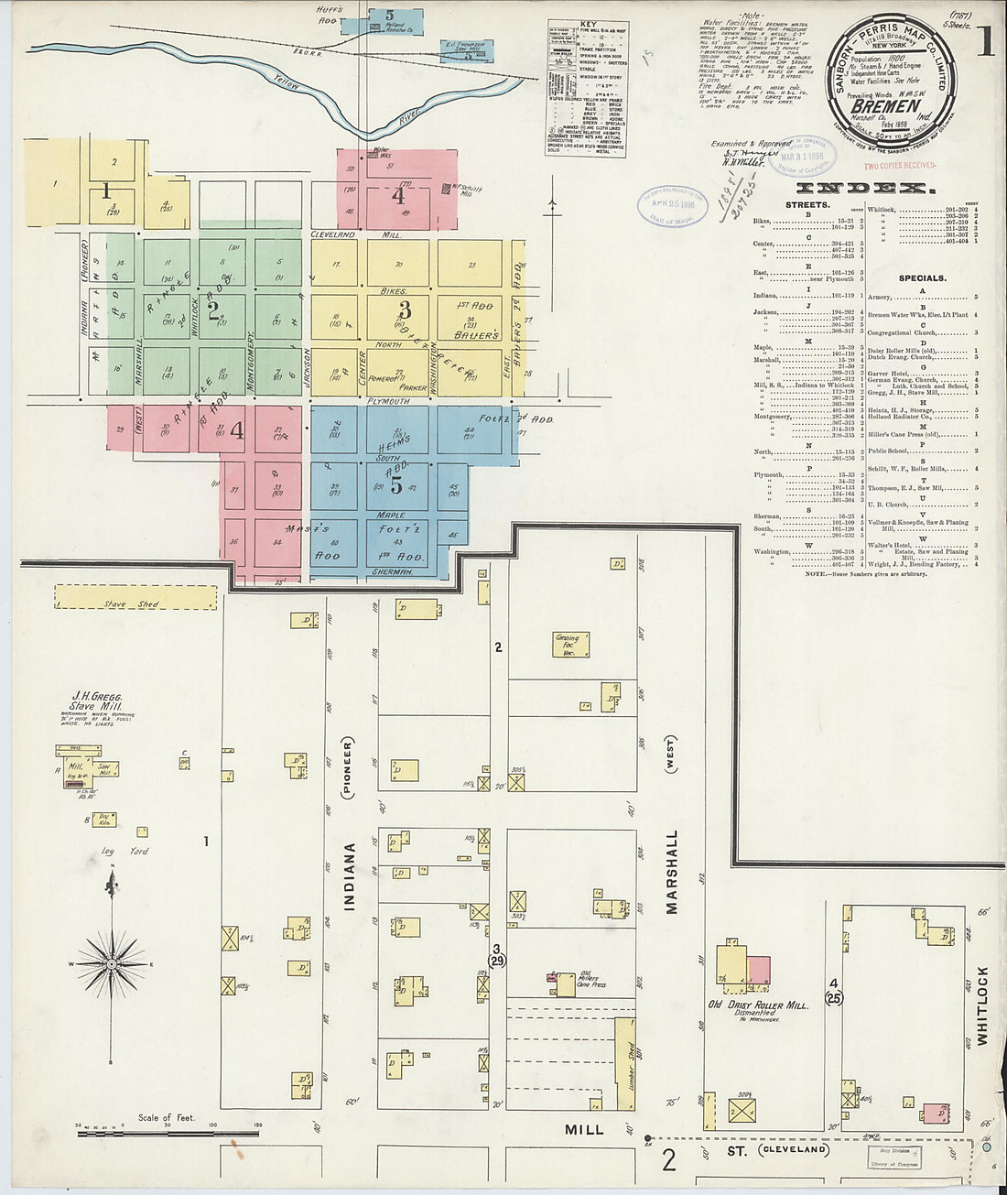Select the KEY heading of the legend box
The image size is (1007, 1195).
tap(588, 25)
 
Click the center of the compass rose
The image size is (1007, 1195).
tap(111, 963)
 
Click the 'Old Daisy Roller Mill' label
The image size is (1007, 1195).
tap(758, 1005)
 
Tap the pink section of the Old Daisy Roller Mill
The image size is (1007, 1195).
tap(759, 971)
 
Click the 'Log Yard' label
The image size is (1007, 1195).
tap(125, 852)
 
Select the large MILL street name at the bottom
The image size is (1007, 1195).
tap(584, 1130)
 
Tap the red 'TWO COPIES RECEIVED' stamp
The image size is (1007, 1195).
tap(900, 166)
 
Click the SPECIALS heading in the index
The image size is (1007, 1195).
tap(922, 277)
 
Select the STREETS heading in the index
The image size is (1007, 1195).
tap(807, 205)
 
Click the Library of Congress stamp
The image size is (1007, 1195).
tap(894, 1157)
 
